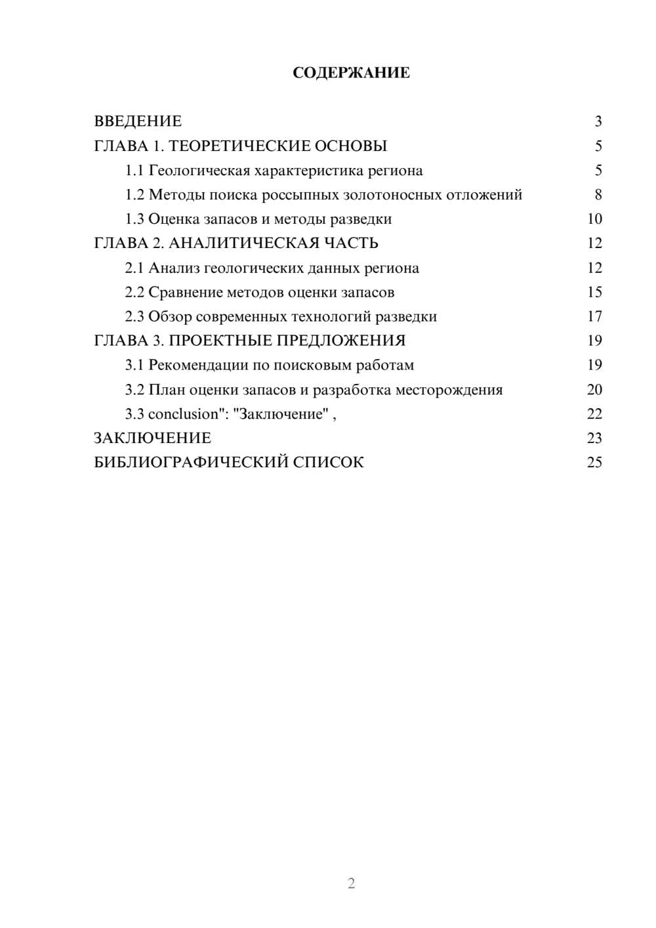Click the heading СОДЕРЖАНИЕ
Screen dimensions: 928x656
pos(351,73)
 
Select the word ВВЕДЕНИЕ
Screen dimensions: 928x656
pos(138,121)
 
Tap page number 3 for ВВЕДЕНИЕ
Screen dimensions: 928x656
pos(598,121)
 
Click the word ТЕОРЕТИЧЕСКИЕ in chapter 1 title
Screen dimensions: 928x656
pos(236,146)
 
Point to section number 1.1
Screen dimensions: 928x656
pos(134,171)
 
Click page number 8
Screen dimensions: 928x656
pos(598,195)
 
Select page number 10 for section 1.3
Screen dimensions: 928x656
pos(594,219)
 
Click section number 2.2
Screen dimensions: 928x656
pos(134,292)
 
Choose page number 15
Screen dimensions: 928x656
pos(594,292)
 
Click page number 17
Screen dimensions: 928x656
pos(594,316)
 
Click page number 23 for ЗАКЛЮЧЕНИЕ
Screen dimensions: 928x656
pos(594,438)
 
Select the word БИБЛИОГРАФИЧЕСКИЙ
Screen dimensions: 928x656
pos(191,463)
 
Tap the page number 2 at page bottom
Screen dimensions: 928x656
pos(351,883)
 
